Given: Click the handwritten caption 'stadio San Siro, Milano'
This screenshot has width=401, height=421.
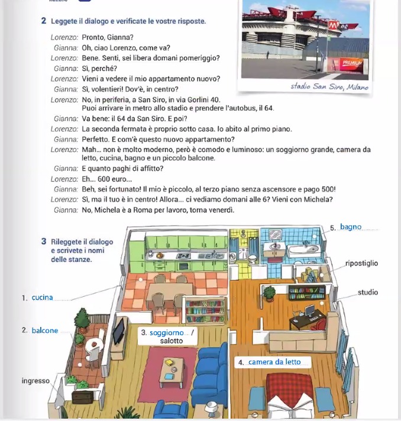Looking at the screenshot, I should tap(329, 87).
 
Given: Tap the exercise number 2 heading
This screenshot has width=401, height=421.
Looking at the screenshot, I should tap(44, 21).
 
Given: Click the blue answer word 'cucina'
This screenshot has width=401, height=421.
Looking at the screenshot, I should tap(42, 297).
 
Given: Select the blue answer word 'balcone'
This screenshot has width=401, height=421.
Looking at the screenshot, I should tap(45, 331).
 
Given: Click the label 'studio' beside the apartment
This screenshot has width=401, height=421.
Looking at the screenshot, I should tap(367, 292).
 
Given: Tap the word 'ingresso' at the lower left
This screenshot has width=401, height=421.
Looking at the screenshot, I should tap(35, 381).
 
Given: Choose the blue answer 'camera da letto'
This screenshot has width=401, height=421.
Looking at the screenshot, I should tap(274, 362).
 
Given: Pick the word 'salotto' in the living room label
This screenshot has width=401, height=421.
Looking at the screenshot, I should tap(172, 341).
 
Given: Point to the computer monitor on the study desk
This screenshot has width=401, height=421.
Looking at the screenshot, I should tap(309, 310).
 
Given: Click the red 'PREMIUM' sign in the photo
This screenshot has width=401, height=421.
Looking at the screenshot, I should tap(351, 63).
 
